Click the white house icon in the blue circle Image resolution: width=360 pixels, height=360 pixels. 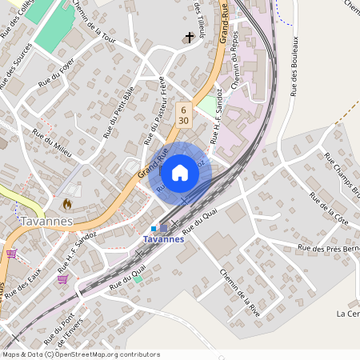(x=179, y=173)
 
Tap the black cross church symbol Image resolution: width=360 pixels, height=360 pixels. (x=190, y=38)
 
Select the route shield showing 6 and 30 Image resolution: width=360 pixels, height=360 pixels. (x=184, y=114)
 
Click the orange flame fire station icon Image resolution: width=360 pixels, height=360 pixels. (x=67, y=204)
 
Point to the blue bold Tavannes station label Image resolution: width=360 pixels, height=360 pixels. (x=163, y=239)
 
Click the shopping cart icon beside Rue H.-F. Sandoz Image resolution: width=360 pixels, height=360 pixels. (x=62, y=279)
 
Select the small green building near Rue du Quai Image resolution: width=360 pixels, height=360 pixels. (x=138, y=278)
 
